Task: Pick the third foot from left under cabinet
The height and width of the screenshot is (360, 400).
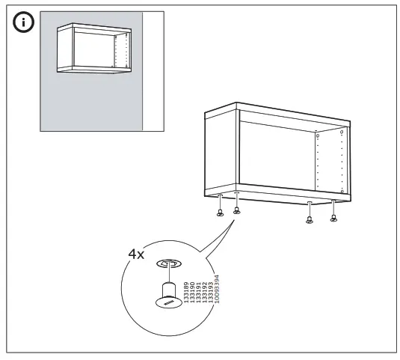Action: point(309,219)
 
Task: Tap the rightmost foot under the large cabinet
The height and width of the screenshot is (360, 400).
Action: point(333,218)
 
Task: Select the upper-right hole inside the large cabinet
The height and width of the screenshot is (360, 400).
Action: point(341,133)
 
